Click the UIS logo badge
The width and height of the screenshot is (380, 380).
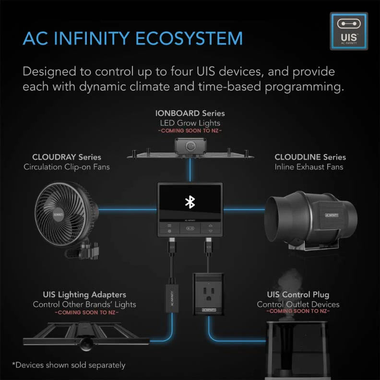pyautogui.click(x=349, y=32)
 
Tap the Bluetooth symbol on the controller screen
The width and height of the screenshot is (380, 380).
pyautogui.click(x=190, y=202)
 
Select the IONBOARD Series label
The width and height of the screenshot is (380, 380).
pyautogui.click(x=190, y=114)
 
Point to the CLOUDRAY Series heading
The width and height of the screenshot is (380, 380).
pyautogui.click(x=67, y=157)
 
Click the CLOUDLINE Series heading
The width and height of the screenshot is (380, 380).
pyautogui.click(x=310, y=157)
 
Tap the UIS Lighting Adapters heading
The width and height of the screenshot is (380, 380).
pyautogui.click(x=84, y=295)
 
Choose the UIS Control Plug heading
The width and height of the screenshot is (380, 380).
pyautogui.click(x=298, y=295)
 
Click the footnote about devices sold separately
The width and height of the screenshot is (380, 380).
pyautogui.click(x=69, y=365)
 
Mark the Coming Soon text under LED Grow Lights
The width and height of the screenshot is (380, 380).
pyautogui.click(x=190, y=131)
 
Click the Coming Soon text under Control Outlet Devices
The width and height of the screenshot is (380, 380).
pyautogui.click(x=298, y=312)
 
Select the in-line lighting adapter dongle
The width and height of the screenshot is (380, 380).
pyautogui.click(x=171, y=297)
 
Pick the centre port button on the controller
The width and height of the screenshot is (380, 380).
pyautogui.click(x=190, y=229)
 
